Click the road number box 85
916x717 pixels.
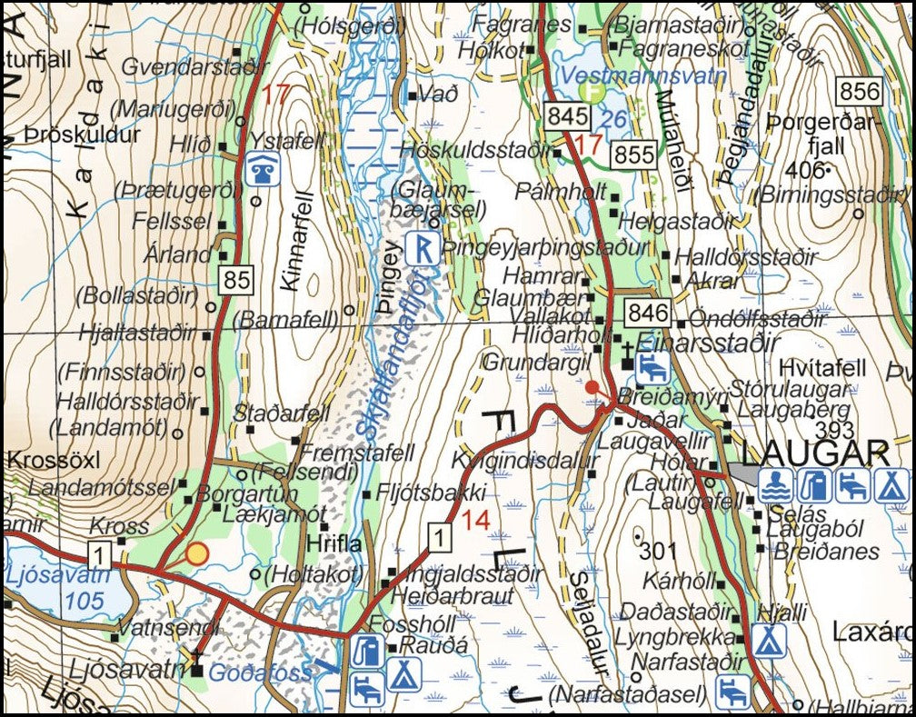(x=236, y=281)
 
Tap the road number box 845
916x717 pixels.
(x=563, y=115)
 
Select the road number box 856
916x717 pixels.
(x=860, y=91)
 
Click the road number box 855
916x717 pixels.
(x=633, y=154)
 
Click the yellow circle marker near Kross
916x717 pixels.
(x=197, y=553)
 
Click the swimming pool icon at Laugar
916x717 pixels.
(x=774, y=486)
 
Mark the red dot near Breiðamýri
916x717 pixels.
(x=592, y=387)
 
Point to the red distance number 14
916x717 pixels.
(x=475, y=521)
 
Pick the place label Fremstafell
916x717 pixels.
(x=357, y=453)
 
